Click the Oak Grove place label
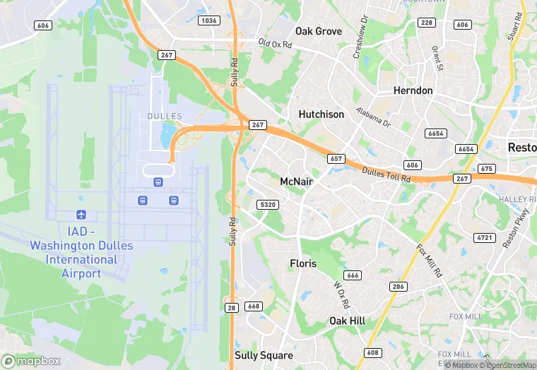pyautogui.click(x=319, y=31)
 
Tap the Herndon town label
pyautogui.click(x=413, y=90)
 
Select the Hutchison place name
pyautogui.click(x=321, y=114)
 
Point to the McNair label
pyautogui.click(x=296, y=181)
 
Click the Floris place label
pyautogui.click(x=303, y=263)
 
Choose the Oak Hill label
pyautogui.click(x=347, y=321)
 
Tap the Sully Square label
pyautogui.click(x=264, y=355)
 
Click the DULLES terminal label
pyautogui.click(x=165, y=117)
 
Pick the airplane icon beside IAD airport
pyautogui.click(x=81, y=214)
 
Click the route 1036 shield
pyautogui.click(x=209, y=20)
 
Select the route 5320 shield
pyautogui.click(x=267, y=205)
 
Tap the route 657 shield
pyautogui.click(x=336, y=159)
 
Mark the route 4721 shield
pyautogui.click(x=485, y=238)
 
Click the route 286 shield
pyautogui.click(x=399, y=286)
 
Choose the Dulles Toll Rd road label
pyautogui.click(x=386, y=175)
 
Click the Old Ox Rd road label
pyautogui.click(x=280, y=44)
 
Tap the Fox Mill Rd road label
pyautogui.click(x=429, y=261)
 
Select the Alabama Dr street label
pyautogui.click(x=372, y=117)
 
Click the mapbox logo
pyautogui.click(x=32, y=361)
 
